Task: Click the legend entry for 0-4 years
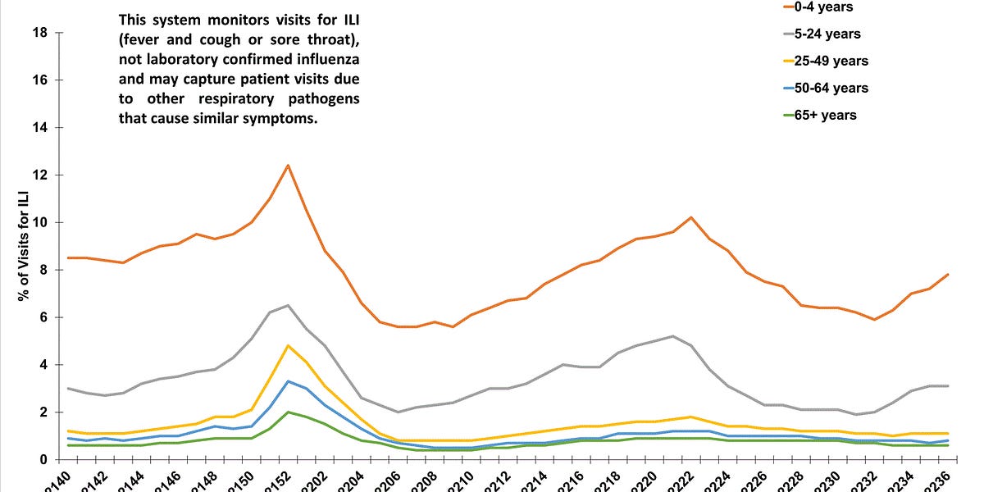click(x=831, y=7)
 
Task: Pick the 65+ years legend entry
click(x=831, y=115)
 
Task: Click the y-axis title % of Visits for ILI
click(x=23, y=246)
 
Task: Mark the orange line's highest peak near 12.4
click(x=288, y=166)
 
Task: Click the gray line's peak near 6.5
click(x=288, y=305)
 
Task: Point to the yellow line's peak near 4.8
click(x=288, y=345)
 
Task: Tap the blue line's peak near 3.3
click(x=288, y=381)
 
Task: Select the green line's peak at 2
click(x=288, y=412)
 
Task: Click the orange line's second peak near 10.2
click(x=691, y=217)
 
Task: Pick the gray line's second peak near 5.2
click(x=673, y=336)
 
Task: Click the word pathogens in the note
click(x=321, y=98)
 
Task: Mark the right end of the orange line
click(x=948, y=275)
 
